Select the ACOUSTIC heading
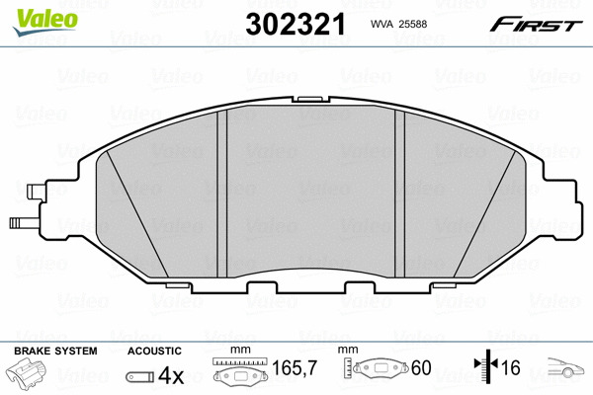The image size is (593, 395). (x=155, y=351)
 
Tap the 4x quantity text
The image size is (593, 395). (x=172, y=376)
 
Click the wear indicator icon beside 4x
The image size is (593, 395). (x=140, y=377)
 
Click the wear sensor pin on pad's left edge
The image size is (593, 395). (x=18, y=222)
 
